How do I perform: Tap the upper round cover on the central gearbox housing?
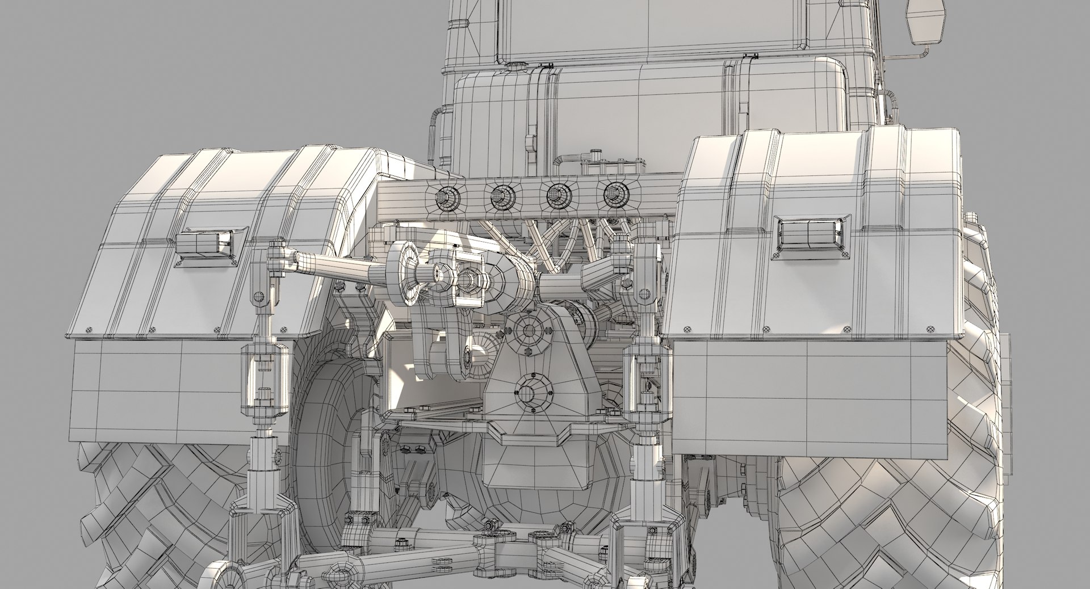pyautogui.click(x=528, y=329)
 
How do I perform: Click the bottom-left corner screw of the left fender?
pyautogui.click(x=89, y=330)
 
